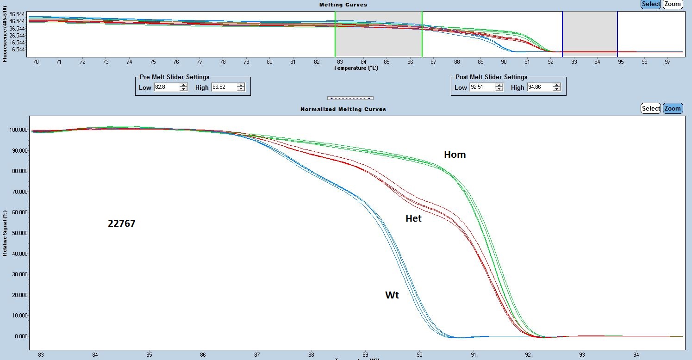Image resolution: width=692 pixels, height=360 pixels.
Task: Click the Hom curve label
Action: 455,155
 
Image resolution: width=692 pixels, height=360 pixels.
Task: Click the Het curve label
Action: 413,218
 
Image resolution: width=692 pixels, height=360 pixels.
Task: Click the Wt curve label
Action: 392,295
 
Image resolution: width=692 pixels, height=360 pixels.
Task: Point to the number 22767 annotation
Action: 121,223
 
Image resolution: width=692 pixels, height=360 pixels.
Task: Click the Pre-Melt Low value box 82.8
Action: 166,87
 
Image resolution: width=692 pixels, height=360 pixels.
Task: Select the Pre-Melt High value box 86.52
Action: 224,87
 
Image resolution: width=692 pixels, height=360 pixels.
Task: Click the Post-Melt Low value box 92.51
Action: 482,87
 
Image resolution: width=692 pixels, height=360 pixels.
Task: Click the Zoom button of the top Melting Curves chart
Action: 673,4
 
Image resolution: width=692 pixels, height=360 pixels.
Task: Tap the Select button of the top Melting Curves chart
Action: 651,4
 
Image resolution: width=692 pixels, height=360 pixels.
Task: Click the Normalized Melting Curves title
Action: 343,109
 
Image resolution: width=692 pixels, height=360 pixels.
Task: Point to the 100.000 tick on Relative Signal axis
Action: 19,130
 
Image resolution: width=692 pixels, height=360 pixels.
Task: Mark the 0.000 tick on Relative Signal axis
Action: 21,336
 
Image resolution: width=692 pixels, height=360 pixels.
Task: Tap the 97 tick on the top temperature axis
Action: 667,62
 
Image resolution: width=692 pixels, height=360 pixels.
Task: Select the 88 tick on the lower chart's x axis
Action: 311,355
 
